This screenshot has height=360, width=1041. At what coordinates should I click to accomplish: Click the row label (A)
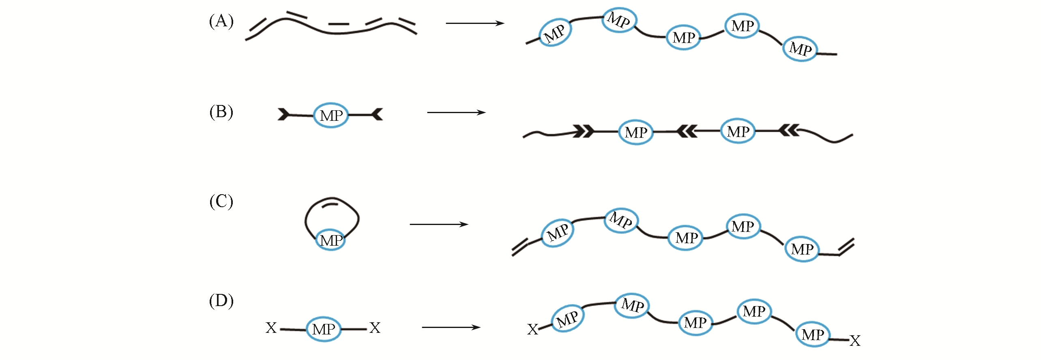click(x=221, y=21)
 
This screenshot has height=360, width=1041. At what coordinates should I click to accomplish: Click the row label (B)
click(x=221, y=112)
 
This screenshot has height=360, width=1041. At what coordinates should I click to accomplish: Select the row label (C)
click(x=221, y=201)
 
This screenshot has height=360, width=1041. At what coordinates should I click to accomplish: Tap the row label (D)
click(x=221, y=301)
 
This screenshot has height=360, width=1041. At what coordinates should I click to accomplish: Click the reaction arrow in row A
click(x=474, y=24)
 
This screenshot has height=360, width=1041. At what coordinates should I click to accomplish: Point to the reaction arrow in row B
click(x=456, y=112)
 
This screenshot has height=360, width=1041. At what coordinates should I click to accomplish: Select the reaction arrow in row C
click(x=439, y=224)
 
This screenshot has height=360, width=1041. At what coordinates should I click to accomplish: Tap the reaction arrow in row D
click(x=451, y=327)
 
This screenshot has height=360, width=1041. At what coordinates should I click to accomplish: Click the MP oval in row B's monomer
click(x=331, y=116)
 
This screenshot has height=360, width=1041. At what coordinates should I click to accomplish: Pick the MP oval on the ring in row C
click(x=331, y=240)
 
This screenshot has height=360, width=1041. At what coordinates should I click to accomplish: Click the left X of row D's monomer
click(x=271, y=328)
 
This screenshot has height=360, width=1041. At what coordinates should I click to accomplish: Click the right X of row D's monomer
click(x=375, y=328)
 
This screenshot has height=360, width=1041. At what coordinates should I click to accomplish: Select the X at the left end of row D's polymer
click(x=532, y=330)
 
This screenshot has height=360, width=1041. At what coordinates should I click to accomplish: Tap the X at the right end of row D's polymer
click(x=855, y=341)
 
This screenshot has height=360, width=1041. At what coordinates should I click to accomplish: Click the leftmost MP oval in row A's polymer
click(x=555, y=32)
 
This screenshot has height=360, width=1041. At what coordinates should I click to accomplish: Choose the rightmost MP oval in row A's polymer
click(x=801, y=49)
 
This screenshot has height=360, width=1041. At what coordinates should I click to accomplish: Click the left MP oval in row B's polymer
click(x=635, y=132)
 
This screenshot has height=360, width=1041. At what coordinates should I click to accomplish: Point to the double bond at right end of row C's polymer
click(x=846, y=247)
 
